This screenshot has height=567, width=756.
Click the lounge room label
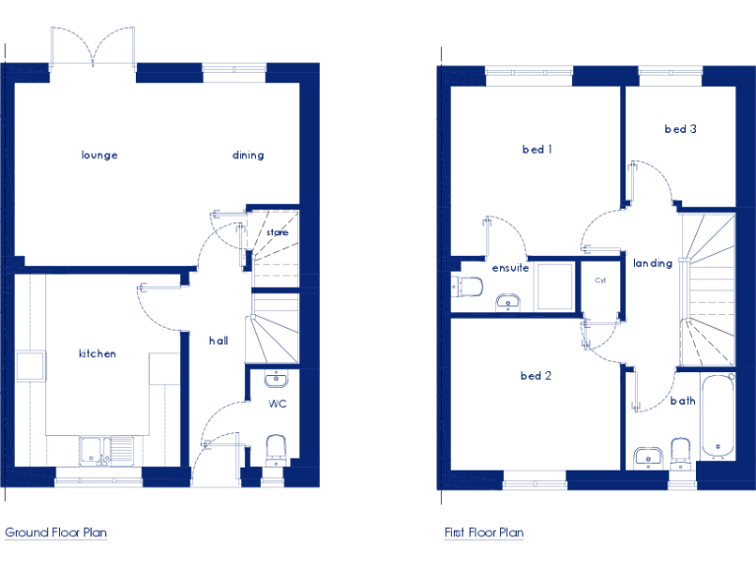(99, 156)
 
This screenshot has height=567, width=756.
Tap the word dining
(248, 156)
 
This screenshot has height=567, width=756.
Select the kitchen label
(97, 353)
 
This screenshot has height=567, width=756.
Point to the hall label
(219, 341)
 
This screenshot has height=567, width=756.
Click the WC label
(277, 404)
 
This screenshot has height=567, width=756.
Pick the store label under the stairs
(277, 233)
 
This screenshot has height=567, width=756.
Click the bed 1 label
(536, 150)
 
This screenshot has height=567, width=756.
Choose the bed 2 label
(535, 375)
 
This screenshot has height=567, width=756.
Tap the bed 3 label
(680, 129)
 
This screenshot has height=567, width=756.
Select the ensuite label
(511, 268)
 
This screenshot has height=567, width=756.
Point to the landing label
(653, 263)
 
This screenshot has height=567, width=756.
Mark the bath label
(683, 401)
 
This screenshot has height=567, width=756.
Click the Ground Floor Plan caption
(56, 533)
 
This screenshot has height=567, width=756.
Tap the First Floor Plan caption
(483, 533)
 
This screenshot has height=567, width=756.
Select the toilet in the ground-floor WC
(277, 452)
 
